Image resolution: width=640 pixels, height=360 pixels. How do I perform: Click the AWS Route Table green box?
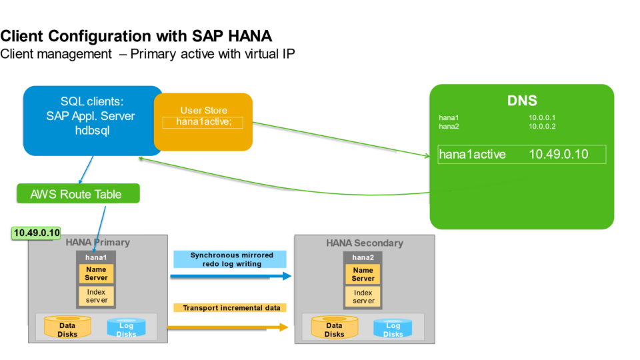[x=78, y=194]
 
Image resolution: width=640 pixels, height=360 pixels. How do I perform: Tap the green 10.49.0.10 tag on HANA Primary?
[x=37, y=233]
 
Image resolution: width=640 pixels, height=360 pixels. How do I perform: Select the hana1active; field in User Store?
[x=203, y=122]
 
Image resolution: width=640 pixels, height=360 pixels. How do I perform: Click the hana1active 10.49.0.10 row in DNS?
[x=521, y=155]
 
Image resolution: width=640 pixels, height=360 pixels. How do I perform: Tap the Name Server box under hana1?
[x=96, y=273]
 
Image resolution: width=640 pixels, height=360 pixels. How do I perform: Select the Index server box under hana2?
[x=363, y=297]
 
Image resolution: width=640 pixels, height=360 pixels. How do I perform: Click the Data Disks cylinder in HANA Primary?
[x=67, y=327]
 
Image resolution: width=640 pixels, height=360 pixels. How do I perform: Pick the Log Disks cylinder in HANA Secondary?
[x=393, y=328]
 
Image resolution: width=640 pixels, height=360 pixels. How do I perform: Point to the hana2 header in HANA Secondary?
[x=363, y=257]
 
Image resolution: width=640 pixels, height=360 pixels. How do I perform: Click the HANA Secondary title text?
[x=364, y=243]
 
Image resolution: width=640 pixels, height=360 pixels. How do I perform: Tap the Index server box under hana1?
[x=96, y=296]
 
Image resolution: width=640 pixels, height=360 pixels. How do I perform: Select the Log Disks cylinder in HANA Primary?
[x=126, y=327]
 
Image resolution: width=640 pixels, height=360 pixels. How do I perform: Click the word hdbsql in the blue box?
[x=91, y=131]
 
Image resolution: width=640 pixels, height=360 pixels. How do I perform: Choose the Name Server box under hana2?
[x=363, y=274]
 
